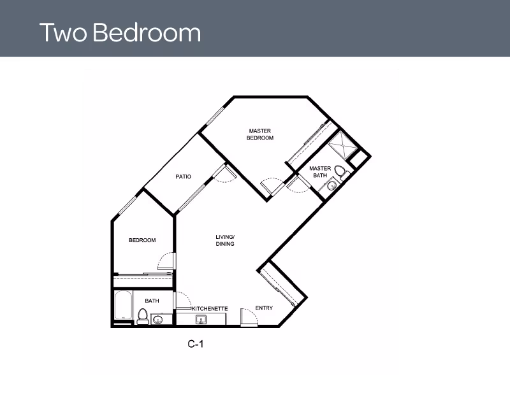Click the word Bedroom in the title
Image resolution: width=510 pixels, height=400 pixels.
tap(147, 32)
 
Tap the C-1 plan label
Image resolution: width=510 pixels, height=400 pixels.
tap(195, 344)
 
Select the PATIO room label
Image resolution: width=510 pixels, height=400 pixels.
tap(184, 177)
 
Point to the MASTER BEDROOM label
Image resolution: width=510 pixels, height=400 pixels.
tap(260, 134)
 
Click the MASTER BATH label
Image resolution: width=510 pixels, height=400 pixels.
tap(320, 172)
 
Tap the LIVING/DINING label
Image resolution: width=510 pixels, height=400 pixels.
tap(224, 240)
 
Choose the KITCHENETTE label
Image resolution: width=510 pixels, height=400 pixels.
tap(210, 308)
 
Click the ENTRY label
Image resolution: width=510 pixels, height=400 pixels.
tap(264, 308)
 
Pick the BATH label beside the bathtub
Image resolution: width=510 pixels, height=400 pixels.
tap(152, 301)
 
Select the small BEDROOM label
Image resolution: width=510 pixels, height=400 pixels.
tap(142, 240)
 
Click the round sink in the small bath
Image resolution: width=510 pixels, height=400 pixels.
tap(159, 320)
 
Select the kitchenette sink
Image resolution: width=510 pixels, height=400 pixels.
tap(201, 318)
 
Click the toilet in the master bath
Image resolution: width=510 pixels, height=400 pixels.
tap(342, 172)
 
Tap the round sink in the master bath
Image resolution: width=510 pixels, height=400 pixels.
tap(331, 186)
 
